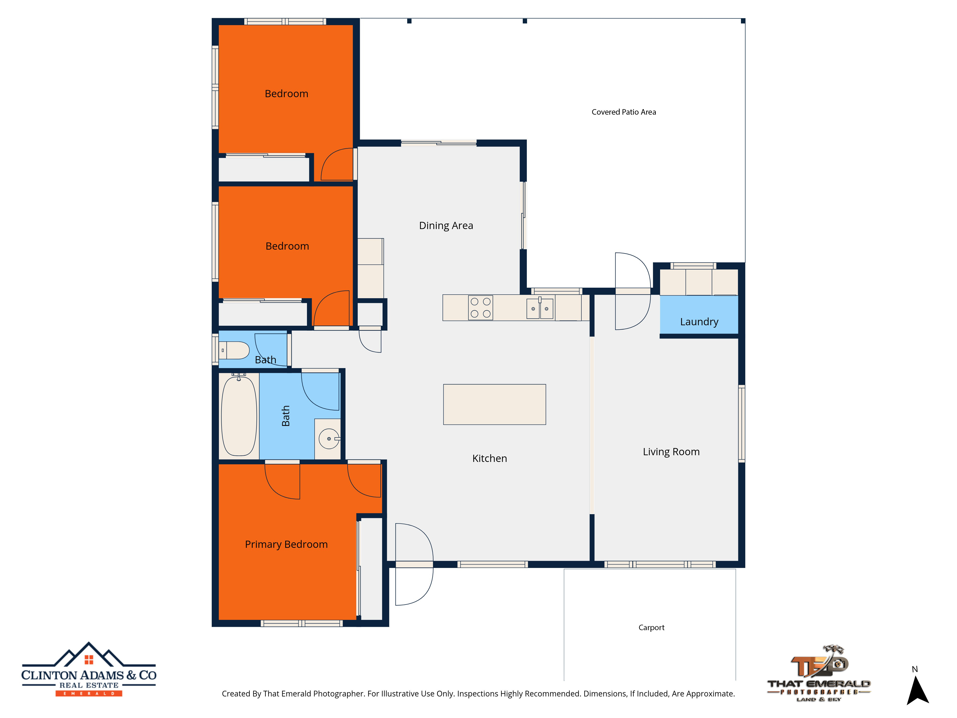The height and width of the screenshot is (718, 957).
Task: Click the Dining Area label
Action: click(446, 225)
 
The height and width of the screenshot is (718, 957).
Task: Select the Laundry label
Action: click(699, 322)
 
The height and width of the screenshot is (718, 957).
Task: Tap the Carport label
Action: click(651, 628)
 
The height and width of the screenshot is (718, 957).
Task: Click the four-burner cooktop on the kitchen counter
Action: click(481, 308)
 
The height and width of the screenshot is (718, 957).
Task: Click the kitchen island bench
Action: click(495, 404)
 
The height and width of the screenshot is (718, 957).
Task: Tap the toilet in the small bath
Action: click(234, 350)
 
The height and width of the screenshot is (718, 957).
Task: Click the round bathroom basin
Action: click(329, 439)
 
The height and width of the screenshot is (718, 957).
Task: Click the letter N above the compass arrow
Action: click(915, 669)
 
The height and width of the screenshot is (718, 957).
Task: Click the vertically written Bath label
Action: click(285, 416)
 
